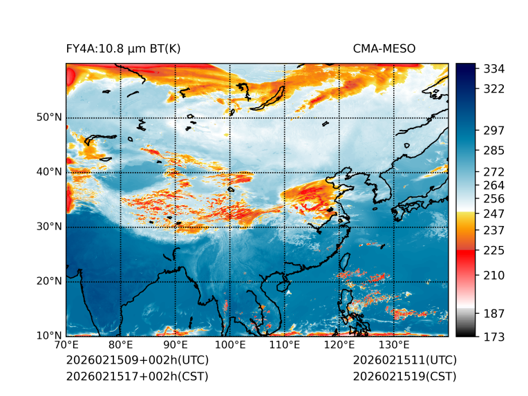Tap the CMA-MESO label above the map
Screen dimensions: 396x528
[384, 48]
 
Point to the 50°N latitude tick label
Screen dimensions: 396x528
[49, 117]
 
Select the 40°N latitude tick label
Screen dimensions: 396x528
[49, 171]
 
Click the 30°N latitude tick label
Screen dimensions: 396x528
[49, 226]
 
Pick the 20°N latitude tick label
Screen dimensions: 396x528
[49, 281]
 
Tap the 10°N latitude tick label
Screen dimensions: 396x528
[49, 335]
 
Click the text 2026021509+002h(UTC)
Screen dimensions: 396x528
[137, 360]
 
